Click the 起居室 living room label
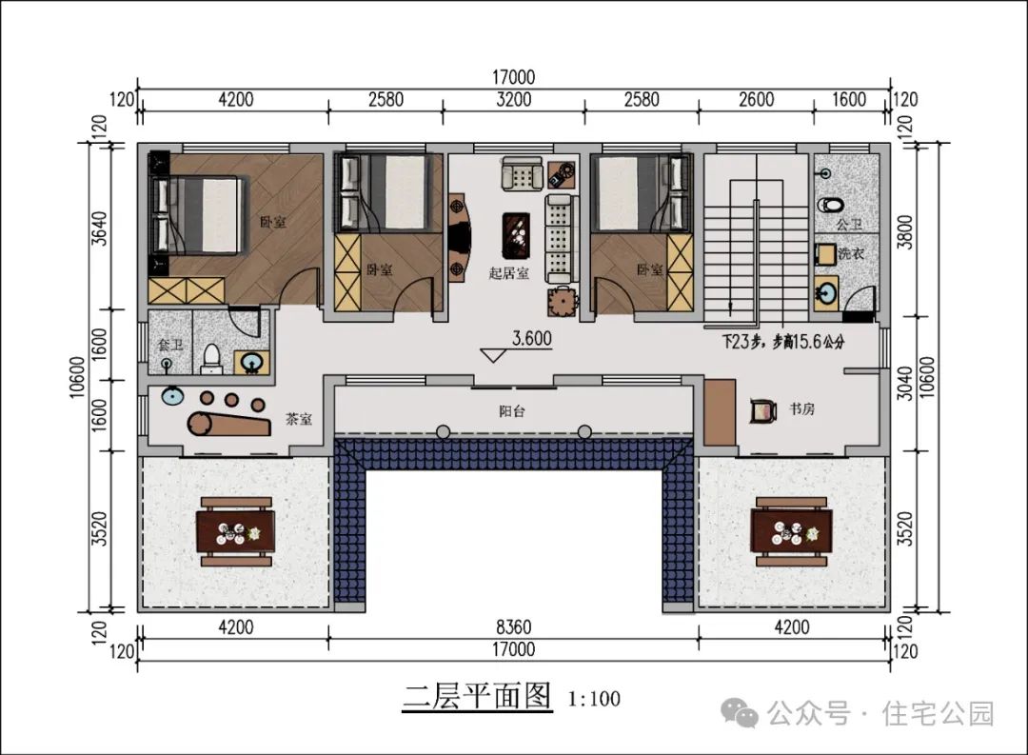click(x=508, y=273)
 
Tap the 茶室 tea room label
click(x=299, y=419)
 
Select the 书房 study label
click(x=801, y=409)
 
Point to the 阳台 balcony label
click(x=512, y=411)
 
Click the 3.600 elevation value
click(x=532, y=339)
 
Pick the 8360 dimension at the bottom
click(x=513, y=627)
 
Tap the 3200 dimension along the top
click(x=513, y=100)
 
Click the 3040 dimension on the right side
click(x=905, y=384)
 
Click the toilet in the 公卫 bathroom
click(x=831, y=205)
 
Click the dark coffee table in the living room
click(x=517, y=235)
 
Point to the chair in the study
click(x=763, y=410)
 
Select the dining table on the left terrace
click(x=236, y=531)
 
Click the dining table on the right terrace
click(x=792, y=531)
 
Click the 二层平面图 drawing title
click(x=477, y=696)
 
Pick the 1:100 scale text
click(x=594, y=699)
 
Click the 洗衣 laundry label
click(x=851, y=253)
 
